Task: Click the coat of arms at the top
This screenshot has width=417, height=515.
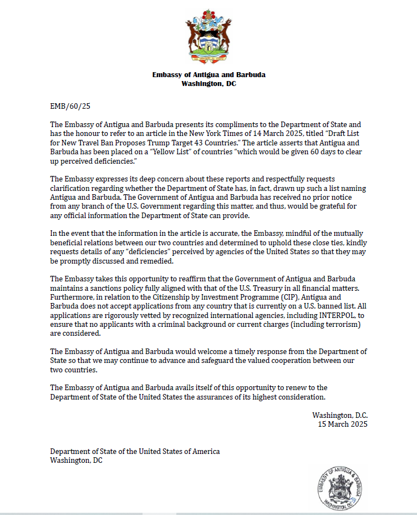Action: point(208,36)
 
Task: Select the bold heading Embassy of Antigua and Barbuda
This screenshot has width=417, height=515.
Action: point(208,75)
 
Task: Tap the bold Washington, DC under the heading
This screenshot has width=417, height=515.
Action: point(208,84)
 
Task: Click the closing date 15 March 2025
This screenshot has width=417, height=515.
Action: point(342,424)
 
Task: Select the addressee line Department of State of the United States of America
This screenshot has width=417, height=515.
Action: point(135,451)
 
